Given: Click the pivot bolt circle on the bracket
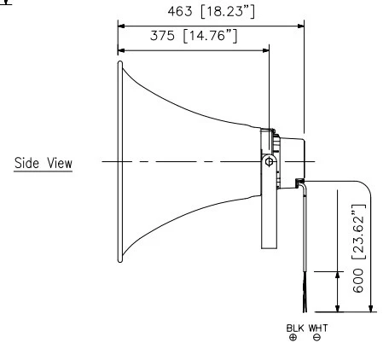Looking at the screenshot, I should [x=269, y=162].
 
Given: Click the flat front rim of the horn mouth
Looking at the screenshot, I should [x=117, y=162].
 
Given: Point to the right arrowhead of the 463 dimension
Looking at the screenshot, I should [x=301, y=25].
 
